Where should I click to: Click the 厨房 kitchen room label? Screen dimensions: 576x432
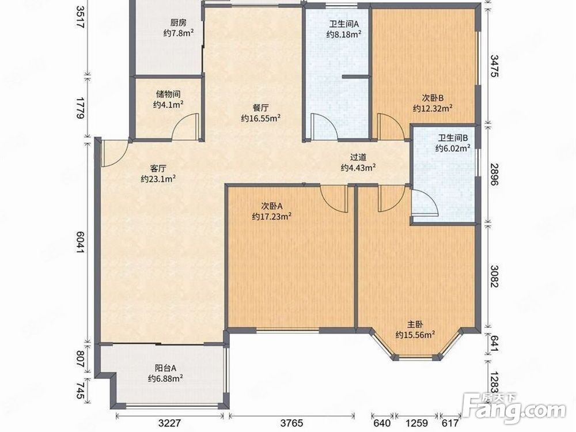coord(179,23)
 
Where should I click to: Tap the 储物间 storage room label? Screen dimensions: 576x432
coord(168,94)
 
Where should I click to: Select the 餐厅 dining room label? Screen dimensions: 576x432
coord(261,108)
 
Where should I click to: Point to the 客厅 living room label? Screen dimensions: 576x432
coord(158,169)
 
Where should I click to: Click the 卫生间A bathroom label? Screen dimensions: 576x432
coord(344,24)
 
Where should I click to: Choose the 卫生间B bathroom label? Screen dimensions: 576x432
coord(453,138)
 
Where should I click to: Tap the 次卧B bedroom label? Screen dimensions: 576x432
coord(433,98)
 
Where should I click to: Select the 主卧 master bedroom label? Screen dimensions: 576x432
coord(415,324)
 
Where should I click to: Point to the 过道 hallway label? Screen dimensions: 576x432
coord(358,157)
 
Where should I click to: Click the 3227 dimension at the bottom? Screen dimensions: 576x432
coord(170,423)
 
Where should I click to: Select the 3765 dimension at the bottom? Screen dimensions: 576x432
coord(291,423)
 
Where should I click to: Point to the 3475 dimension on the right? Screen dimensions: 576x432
coord(494,66)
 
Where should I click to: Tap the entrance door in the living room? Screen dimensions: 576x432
coord(115,154)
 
